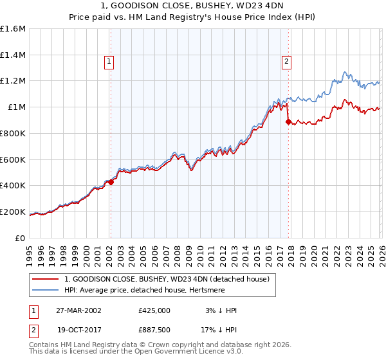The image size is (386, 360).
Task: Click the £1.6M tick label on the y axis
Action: pos(13,29)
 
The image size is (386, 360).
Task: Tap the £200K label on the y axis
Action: pos(13,212)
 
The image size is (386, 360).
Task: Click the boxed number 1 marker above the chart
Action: pos(109,62)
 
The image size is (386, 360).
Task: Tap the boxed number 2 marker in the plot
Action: pos(286,62)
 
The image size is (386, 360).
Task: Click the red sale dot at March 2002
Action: pos(111,182)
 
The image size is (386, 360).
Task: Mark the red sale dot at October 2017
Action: pos(288,121)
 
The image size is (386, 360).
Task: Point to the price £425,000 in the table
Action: pos(154,310)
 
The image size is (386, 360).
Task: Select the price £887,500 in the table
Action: pos(154,330)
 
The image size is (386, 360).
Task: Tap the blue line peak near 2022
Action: pos(345,72)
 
